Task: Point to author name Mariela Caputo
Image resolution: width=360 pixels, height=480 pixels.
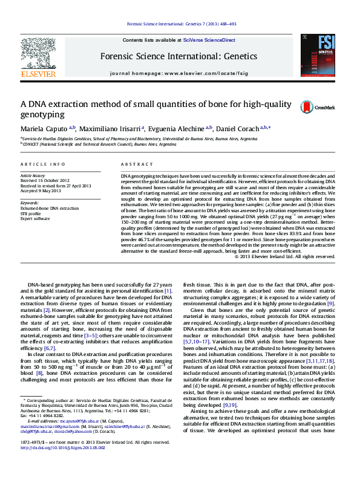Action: click(45, 129)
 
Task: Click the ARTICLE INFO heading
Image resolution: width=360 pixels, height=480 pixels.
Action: click(43, 164)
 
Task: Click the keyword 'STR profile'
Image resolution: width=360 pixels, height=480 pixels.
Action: click(32, 213)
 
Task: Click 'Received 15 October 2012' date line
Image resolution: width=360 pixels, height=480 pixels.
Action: click(45, 180)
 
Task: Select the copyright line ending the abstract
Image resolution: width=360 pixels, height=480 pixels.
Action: click(284, 256)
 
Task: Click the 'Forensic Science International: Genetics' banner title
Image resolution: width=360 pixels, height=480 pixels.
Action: click(180, 56)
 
